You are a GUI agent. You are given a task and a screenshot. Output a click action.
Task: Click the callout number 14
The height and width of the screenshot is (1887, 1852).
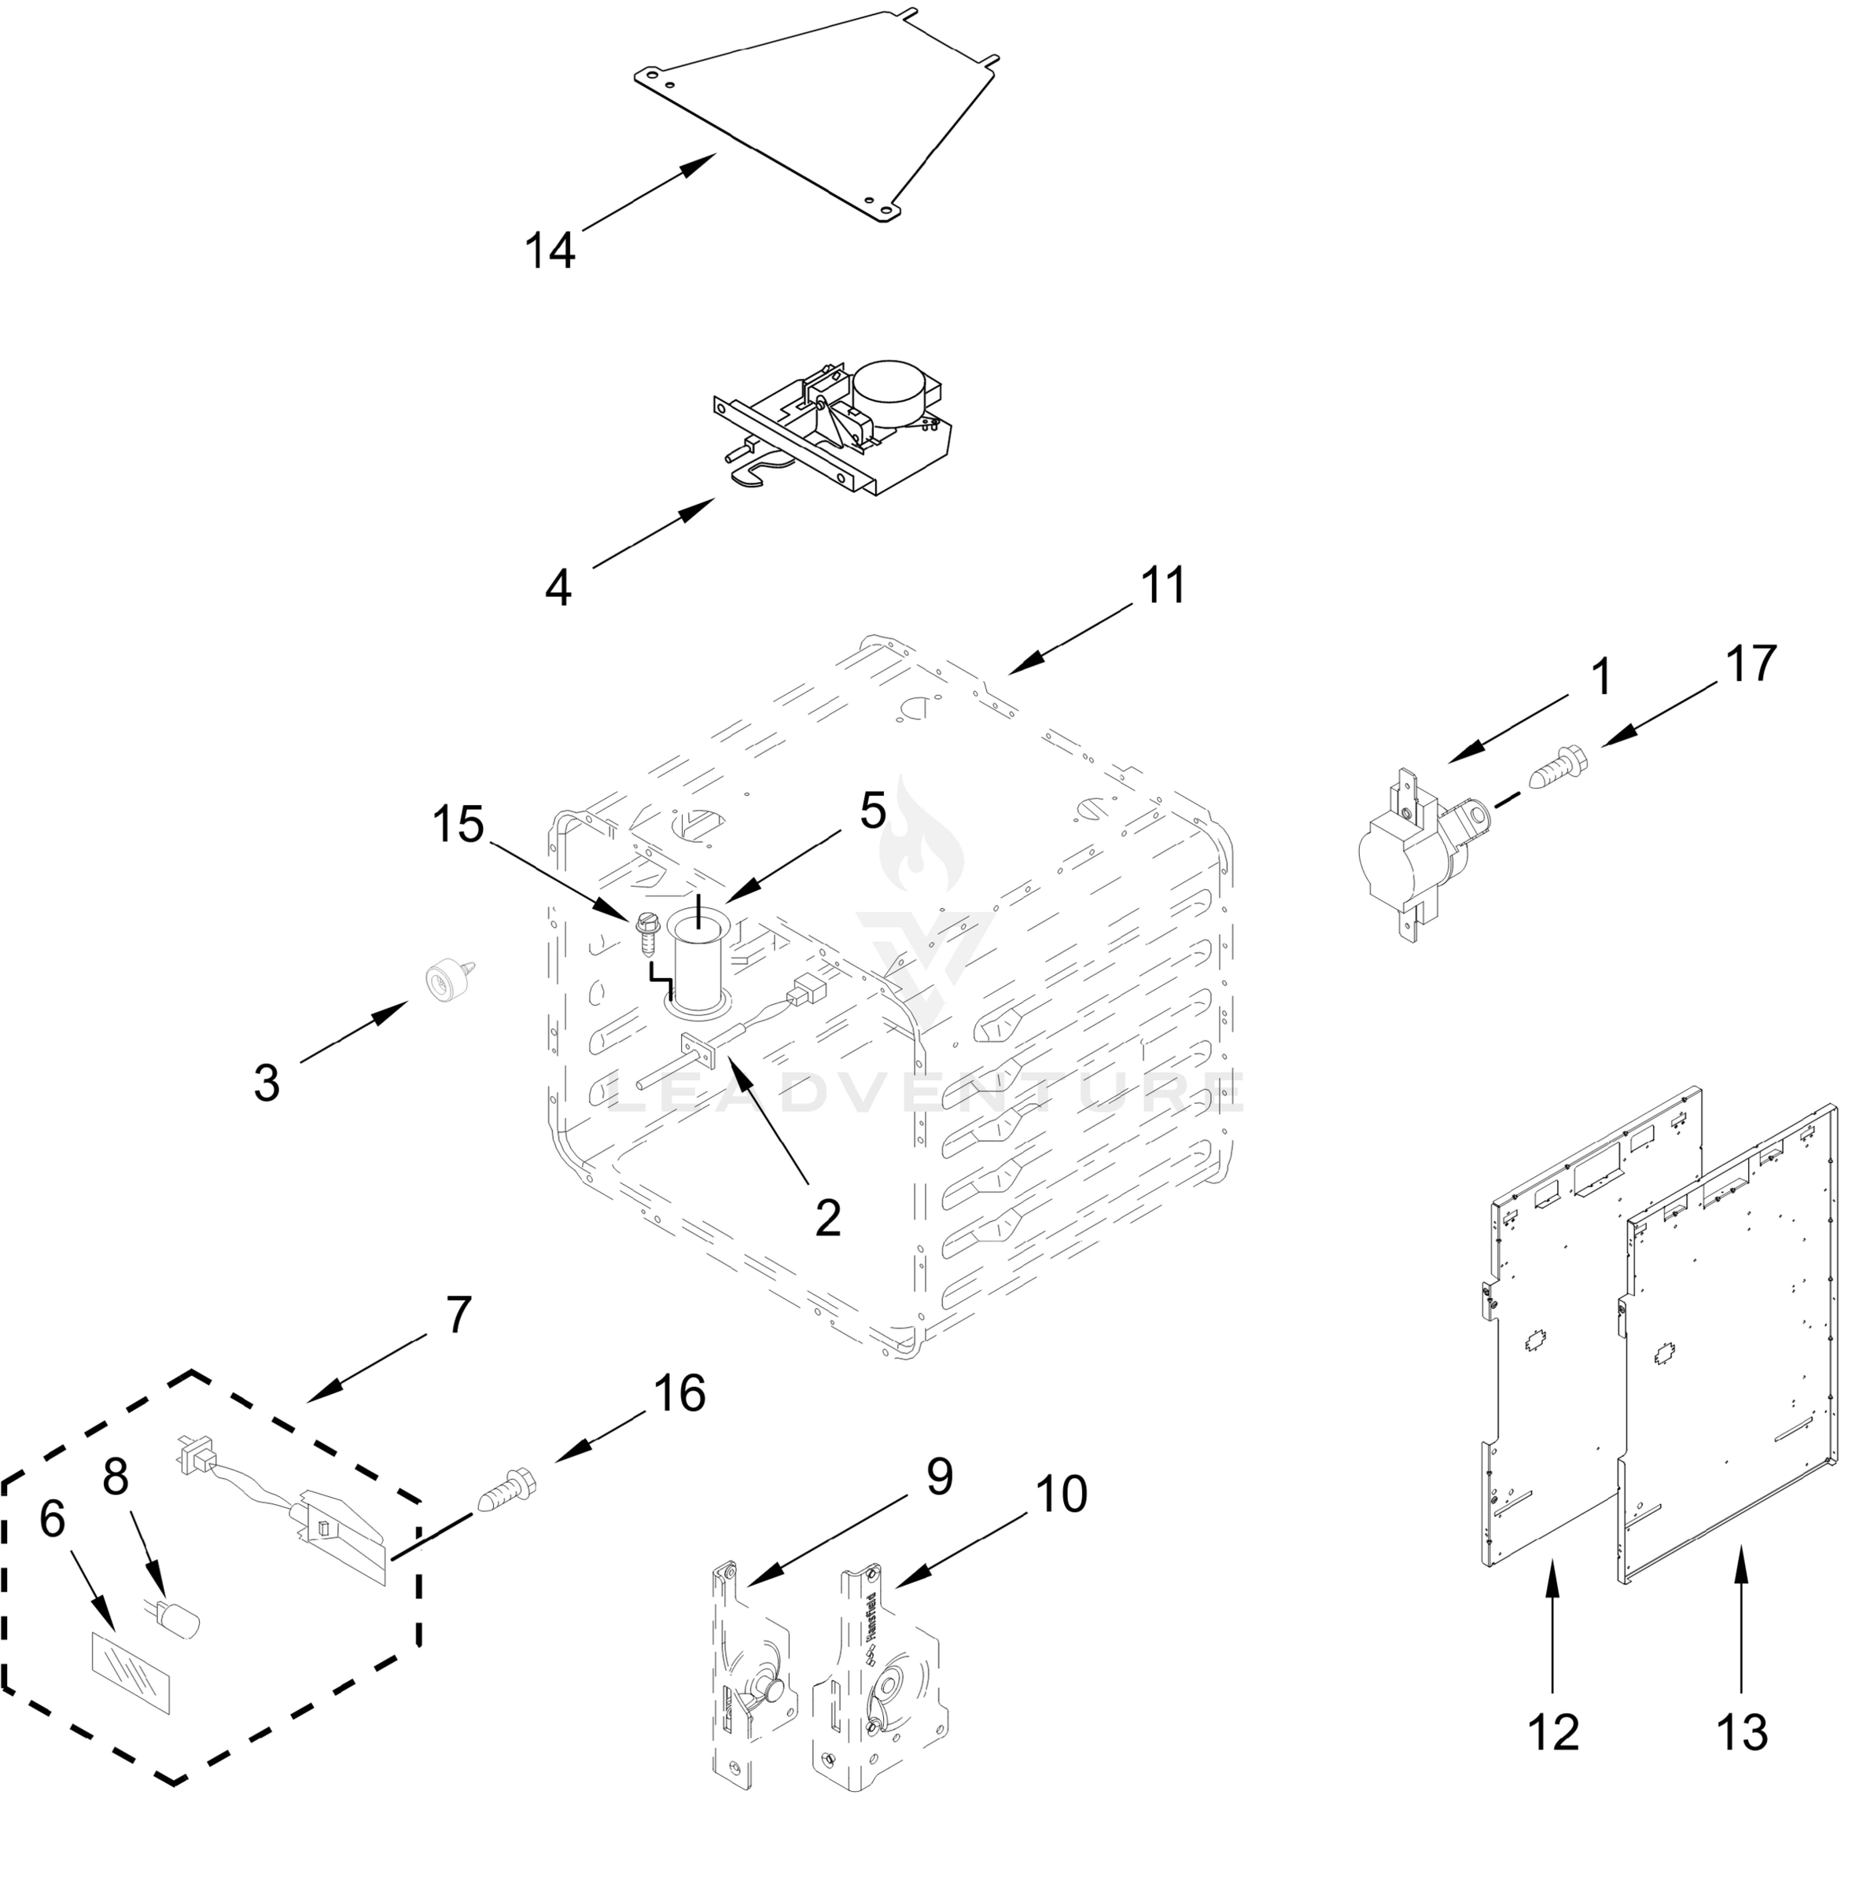click(x=550, y=251)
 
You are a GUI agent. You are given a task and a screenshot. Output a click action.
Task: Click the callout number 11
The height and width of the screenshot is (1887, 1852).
click(x=1163, y=586)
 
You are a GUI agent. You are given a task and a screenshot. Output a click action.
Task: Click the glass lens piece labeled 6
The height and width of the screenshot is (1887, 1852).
click(x=130, y=1671)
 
